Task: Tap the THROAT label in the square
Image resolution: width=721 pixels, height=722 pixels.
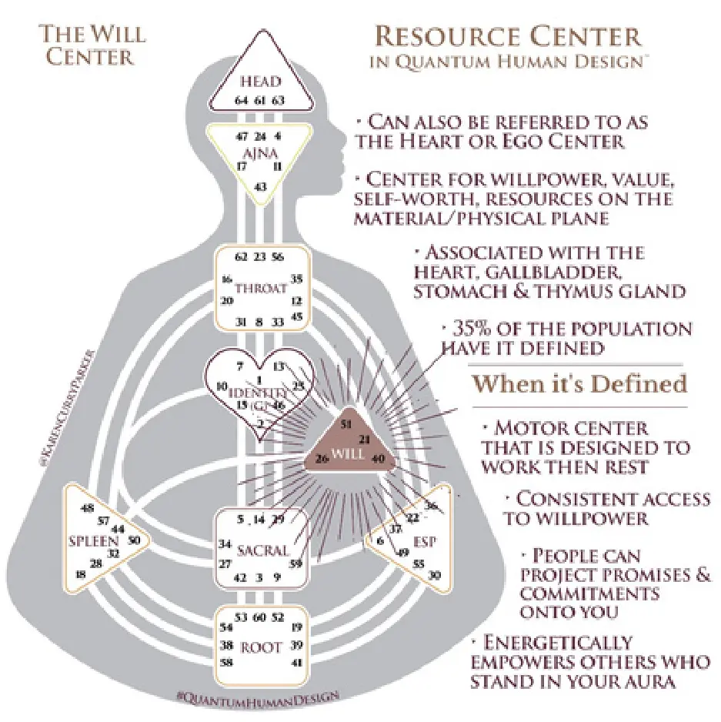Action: (262, 289)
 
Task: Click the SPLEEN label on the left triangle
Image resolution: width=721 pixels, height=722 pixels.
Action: (88, 540)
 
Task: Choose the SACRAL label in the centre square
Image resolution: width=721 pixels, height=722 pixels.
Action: (263, 550)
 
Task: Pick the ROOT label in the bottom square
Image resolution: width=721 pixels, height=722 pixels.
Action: (262, 648)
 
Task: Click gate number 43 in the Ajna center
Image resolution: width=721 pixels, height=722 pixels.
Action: (262, 187)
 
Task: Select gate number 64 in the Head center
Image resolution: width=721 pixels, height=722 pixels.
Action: (241, 101)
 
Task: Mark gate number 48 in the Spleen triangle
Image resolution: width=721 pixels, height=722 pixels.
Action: (88, 508)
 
